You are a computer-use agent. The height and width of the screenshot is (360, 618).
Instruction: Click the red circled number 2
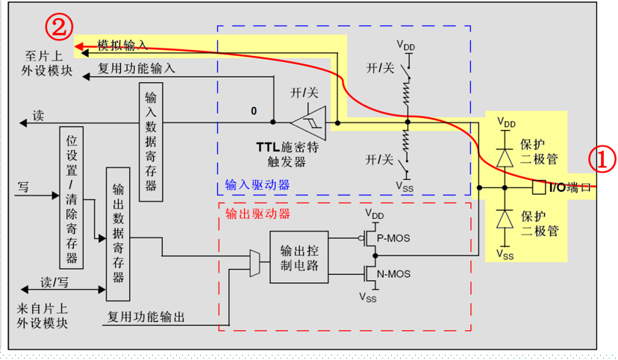point(59,27)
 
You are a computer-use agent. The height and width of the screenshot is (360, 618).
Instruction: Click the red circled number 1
point(602,159)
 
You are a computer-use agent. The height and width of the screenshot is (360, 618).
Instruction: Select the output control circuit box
point(299,257)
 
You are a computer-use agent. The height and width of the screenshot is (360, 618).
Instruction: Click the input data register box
point(151,142)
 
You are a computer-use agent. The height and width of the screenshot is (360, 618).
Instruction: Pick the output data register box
point(118,235)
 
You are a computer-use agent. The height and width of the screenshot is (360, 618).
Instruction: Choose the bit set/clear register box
point(72,198)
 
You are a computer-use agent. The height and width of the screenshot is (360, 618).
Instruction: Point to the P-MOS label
point(393,238)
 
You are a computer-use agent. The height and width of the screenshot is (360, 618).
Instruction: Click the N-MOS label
point(393,273)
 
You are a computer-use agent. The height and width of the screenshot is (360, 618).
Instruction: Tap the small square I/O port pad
point(539,187)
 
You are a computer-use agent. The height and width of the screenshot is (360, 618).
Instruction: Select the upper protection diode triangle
point(505,158)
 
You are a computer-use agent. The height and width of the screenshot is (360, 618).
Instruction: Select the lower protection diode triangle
point(505,220)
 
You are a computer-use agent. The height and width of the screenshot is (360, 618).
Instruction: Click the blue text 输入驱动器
point(257,184)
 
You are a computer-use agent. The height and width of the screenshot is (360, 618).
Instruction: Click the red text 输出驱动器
point(257,214)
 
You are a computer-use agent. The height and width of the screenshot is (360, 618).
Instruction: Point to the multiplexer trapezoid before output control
point(255,263)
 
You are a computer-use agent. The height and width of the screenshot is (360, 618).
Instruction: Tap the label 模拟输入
point(122,46)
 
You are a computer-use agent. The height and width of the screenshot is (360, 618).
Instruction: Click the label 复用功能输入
point(137,68)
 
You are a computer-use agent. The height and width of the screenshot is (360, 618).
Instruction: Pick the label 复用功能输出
point(146,317)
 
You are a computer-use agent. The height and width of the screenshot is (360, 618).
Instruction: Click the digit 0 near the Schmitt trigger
point(254,111)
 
